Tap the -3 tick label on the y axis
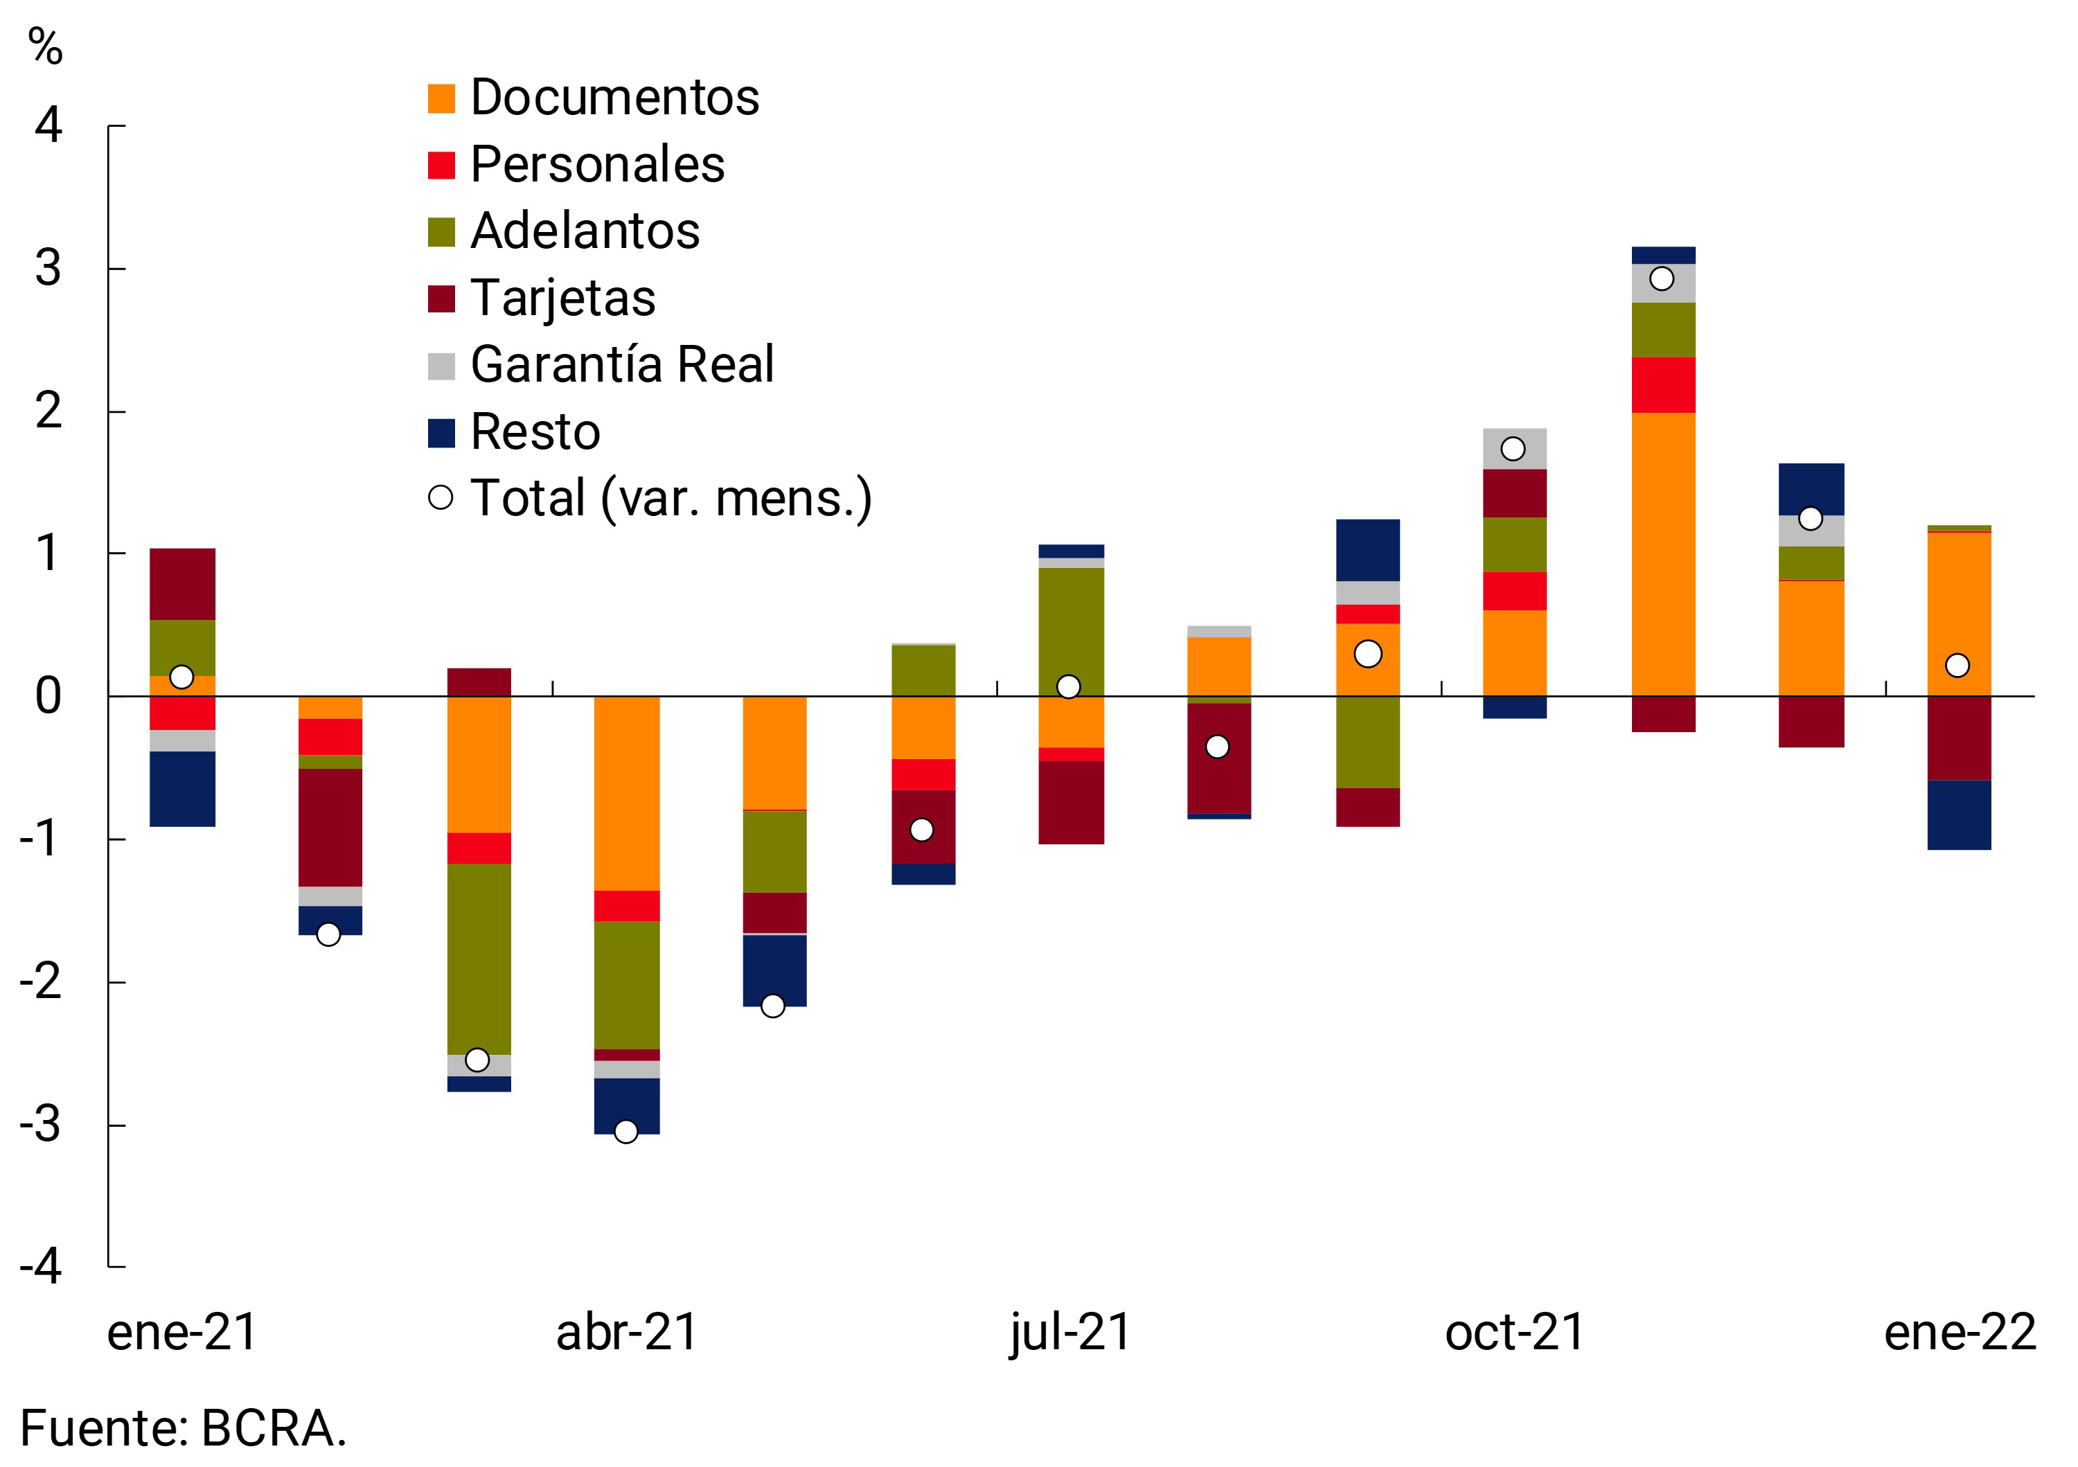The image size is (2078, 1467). point(41,1125)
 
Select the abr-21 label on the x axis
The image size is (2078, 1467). point(626,1332)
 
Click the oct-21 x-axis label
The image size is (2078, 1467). point(1515,1332)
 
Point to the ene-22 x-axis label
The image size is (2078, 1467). point(1960,1332)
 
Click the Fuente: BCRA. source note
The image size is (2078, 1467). point(183,1429)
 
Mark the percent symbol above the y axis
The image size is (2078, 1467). point(45,45)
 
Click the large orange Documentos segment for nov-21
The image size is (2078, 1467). point(1662,554)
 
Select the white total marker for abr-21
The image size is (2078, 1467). point(625,1131)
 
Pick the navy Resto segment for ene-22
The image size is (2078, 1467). point(1959,815)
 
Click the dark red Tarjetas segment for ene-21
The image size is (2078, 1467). point(182,584)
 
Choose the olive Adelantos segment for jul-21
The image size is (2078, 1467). point(1071,632)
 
